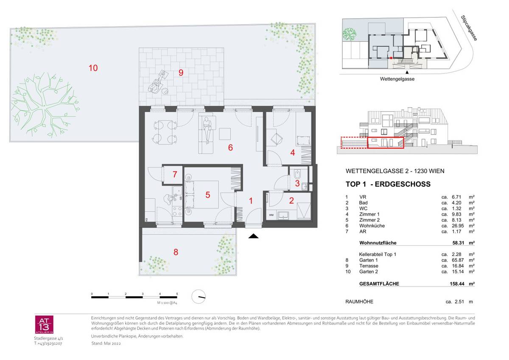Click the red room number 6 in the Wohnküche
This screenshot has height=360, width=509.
point(230,148)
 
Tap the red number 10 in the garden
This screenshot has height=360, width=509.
point(93,67)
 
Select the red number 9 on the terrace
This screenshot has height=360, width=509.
point(181,72)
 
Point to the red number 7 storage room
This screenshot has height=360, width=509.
point(175,174)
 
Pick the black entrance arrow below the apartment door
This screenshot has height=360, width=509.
point(253,236)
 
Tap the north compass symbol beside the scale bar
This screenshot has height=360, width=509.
point(198,296)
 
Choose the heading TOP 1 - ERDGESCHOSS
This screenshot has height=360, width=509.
point(388,184)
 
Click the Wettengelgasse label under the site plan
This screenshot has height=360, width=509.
point(397,79)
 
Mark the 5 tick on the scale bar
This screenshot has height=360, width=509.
point(177,294)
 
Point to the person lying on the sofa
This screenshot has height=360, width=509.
point(207,130)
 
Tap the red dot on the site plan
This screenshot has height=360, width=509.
point(392,57)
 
